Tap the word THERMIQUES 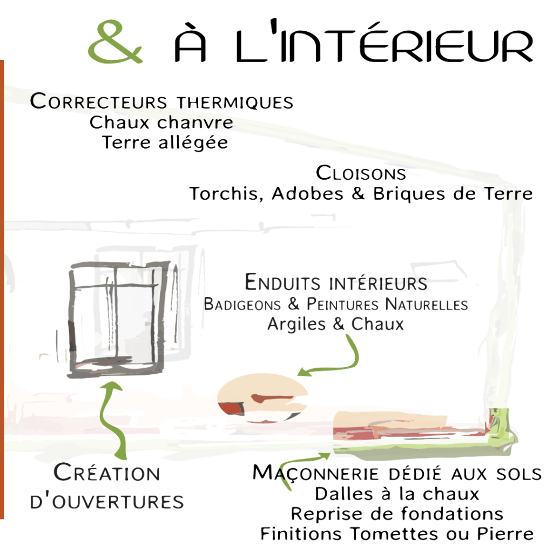235,102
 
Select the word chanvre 195,123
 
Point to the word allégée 193,143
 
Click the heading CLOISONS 361,173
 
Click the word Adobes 307,194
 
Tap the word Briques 409,194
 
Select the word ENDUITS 282,282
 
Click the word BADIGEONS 242,304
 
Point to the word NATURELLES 427,304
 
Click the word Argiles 296,324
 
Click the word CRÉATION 107,472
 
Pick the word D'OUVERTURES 107,502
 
